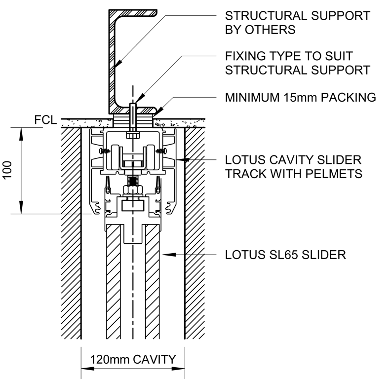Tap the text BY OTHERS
[260, 30]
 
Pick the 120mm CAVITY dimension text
[133, 359]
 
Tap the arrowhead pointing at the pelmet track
[181, 159]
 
